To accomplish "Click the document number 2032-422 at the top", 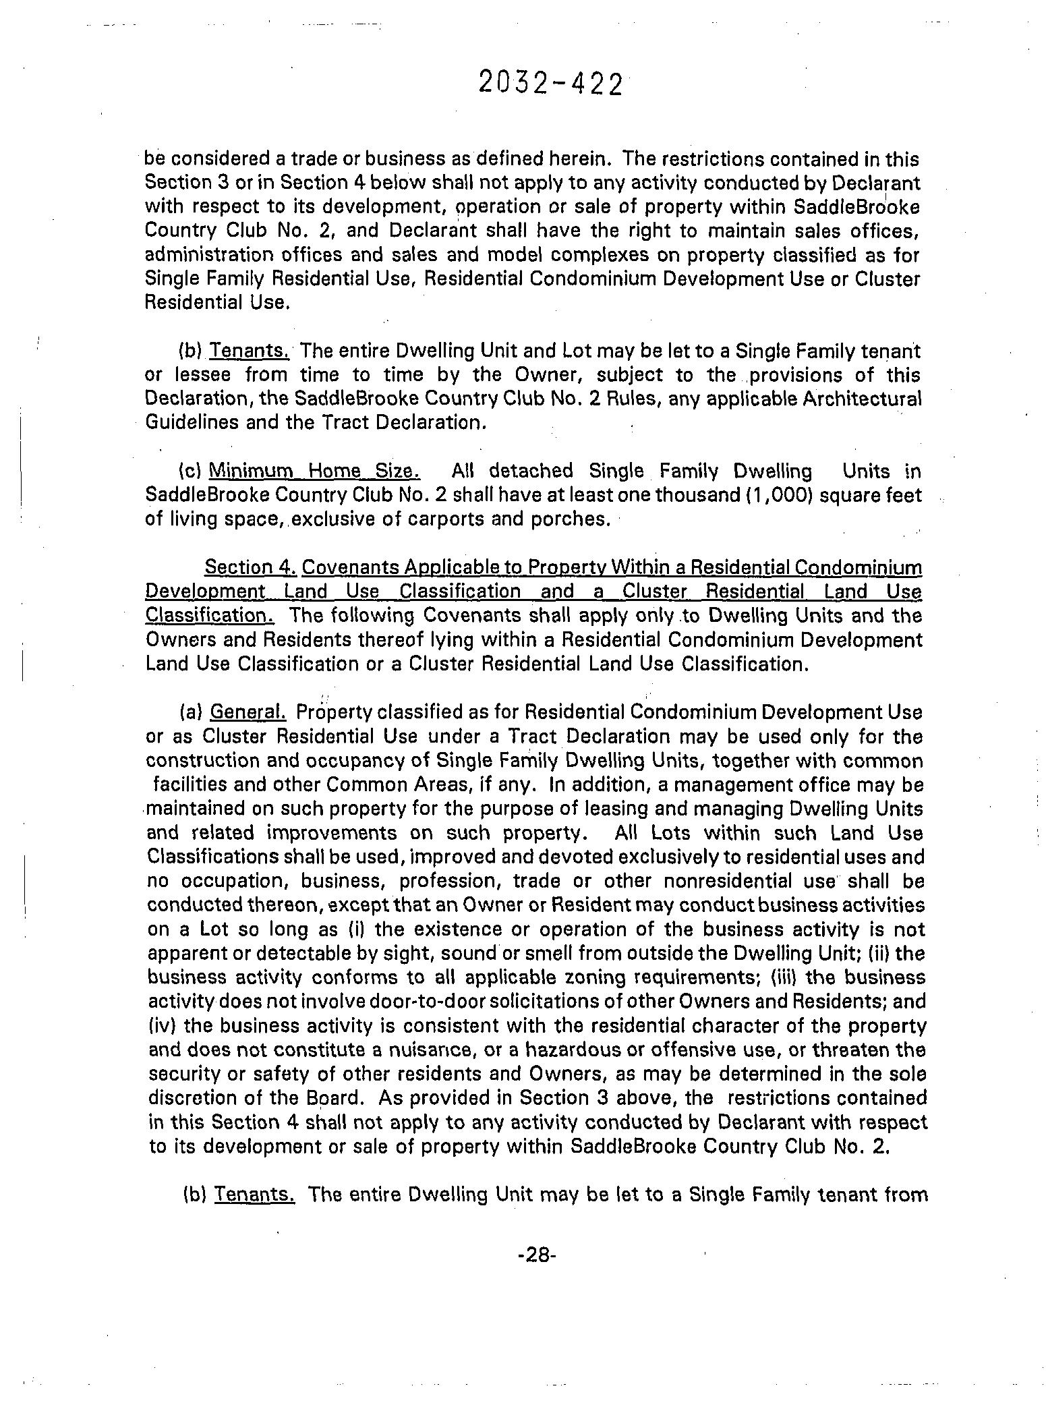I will (549, 84).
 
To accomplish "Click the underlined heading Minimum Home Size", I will (314, 471).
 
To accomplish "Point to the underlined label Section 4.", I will (250, 567).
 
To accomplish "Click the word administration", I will (211, 255).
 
